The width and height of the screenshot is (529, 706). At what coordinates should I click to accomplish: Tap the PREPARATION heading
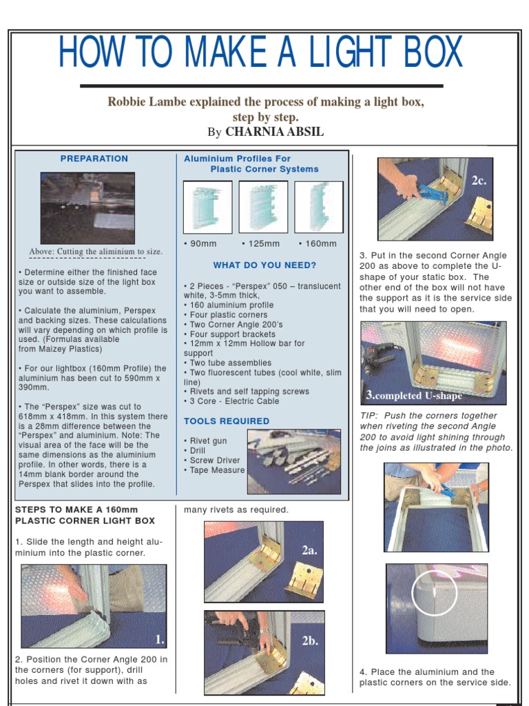[x=94, y=159]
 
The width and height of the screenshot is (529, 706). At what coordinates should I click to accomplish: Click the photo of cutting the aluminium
[x=87, y=208]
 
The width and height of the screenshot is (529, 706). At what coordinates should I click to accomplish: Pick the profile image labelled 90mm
[x=208, y=207]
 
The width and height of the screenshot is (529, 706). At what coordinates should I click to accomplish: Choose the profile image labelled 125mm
[x=263, y=207]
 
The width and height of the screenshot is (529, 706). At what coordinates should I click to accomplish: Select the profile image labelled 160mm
[x=318, y=207]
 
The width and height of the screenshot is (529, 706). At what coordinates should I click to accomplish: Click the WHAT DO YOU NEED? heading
[x=264, y=265]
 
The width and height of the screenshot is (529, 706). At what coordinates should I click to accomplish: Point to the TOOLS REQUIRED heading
[x=227, y=421]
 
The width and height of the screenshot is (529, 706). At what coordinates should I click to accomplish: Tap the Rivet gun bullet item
[x=207, y=441]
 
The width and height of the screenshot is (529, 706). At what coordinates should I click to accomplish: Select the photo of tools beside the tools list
[x=293, y=461]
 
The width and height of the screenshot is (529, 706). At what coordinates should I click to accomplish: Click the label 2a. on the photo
[x=309, y=550]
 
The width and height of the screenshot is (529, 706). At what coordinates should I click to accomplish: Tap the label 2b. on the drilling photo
[x=309, y=641]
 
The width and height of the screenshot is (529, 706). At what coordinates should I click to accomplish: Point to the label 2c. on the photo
[x=479, y=180]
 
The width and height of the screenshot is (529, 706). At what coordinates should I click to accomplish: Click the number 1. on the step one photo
[x=159, y=640]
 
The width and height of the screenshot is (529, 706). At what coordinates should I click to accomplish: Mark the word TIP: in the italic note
[x=370, y=416]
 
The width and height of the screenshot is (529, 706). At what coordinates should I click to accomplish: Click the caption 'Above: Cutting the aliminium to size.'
[x=96, y=252]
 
